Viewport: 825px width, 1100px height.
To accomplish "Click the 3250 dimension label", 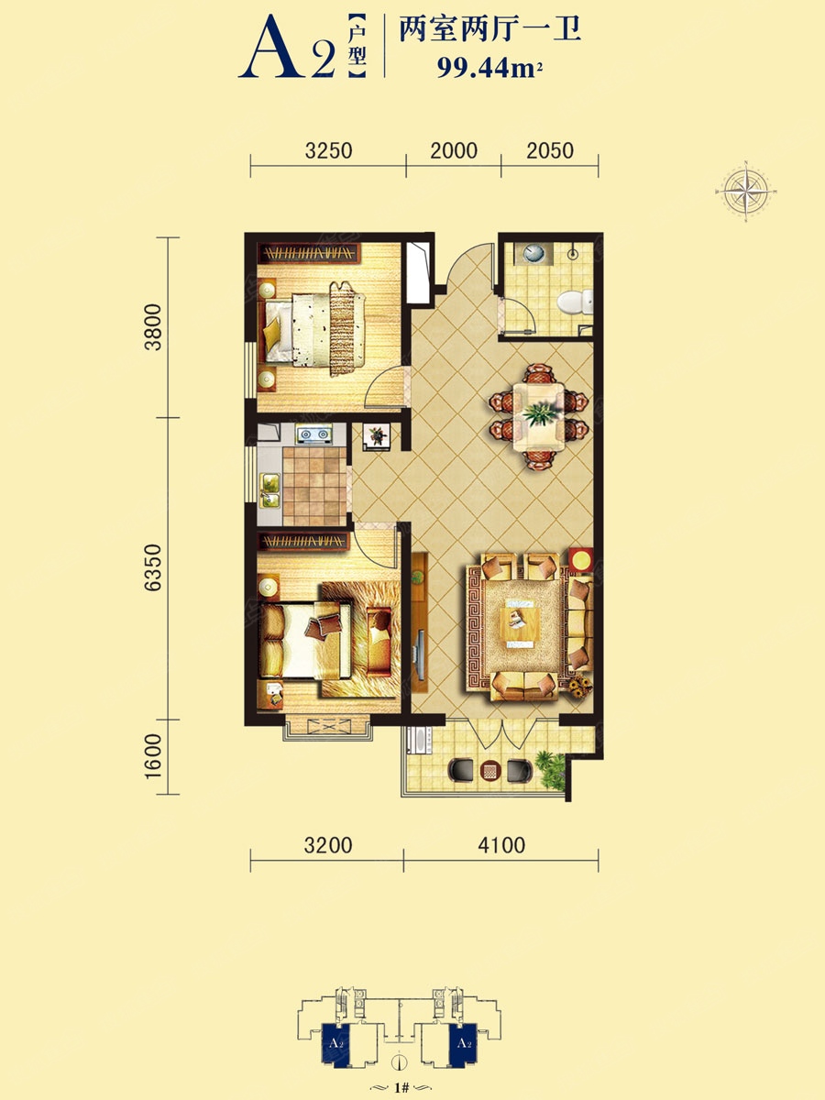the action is (328, 150).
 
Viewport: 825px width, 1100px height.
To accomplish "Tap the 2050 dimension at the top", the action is (550, 150).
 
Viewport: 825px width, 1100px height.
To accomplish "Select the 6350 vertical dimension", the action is (153, 567).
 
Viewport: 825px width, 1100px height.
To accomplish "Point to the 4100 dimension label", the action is (501, 845).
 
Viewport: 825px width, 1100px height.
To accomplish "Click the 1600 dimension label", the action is (153, 756).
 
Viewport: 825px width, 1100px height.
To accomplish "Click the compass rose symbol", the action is (746, 191).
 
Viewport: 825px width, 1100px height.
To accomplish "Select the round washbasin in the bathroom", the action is (534, 253).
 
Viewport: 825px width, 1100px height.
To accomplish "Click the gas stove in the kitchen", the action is (314, 434).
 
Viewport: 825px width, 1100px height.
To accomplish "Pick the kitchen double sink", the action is (270, 490).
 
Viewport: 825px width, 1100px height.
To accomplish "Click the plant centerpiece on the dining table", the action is (540, 413).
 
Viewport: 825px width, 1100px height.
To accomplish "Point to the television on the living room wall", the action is (421, 656).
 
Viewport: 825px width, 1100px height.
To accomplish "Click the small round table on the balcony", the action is (489, 771).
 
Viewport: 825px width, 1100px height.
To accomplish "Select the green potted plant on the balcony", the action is (551, 770).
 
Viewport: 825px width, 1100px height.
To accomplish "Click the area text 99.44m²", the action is (489, 68).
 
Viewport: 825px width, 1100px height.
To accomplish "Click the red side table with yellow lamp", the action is (581, 560).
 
